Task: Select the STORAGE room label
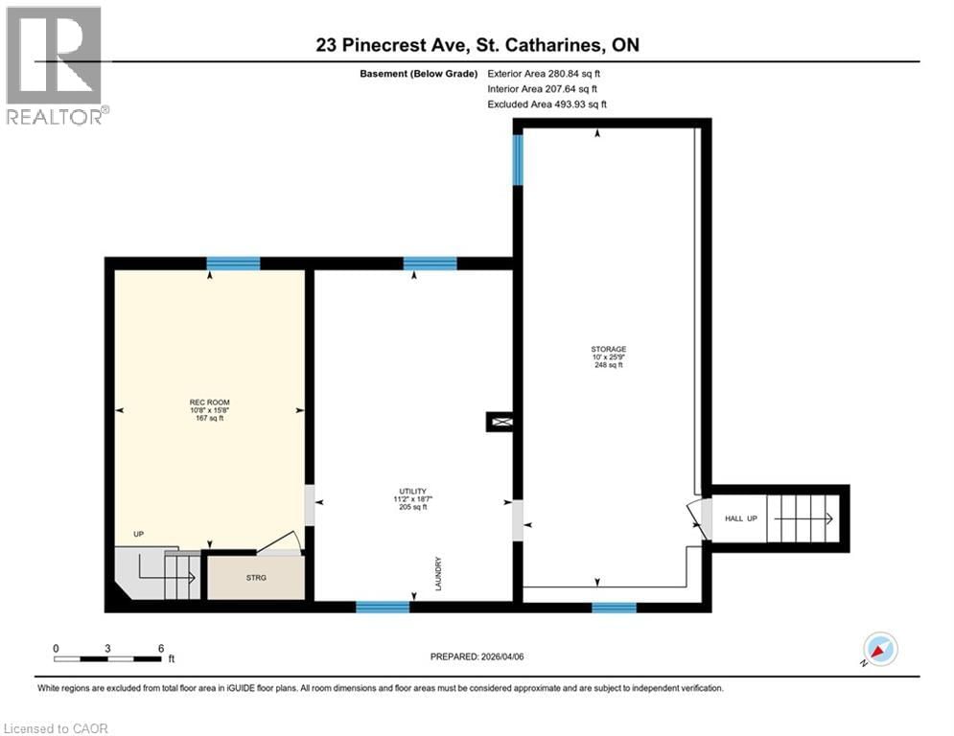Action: [609, 356]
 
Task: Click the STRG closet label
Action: [256, 577]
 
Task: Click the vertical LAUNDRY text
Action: [438, 574]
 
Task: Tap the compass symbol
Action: [879, 650]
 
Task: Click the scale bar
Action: [107, 658]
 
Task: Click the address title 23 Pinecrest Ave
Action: [477, 45]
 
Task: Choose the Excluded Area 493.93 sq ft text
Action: [547, 104]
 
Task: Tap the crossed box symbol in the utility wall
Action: [501, 420]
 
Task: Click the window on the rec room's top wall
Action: [233, 264]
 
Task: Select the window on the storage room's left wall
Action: [518, 159]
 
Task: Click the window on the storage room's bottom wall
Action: [614, 607]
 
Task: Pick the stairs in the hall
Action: [803, 518]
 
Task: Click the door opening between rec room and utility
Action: [309, 505]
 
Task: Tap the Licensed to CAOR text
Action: [57, 728]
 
